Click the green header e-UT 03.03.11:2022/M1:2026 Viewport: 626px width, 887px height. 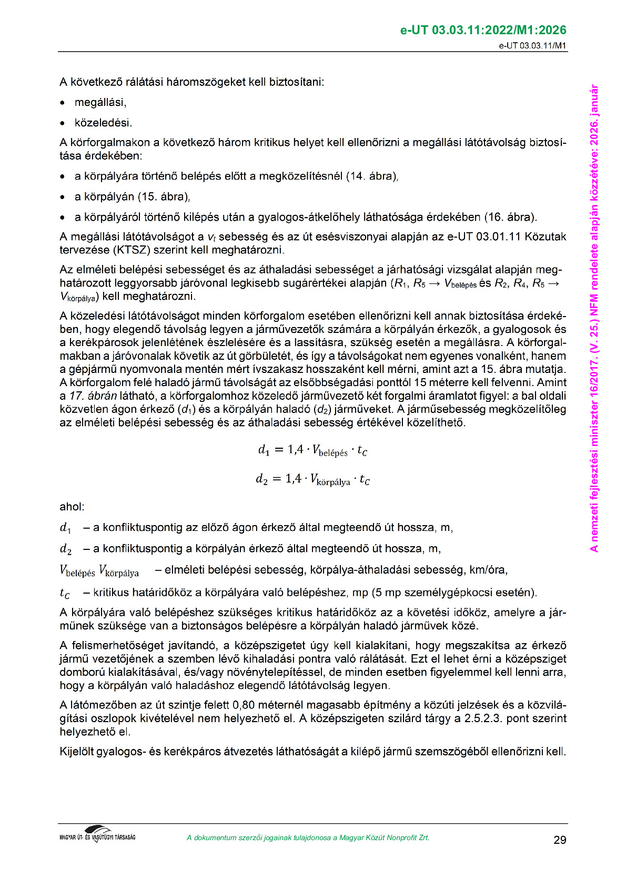click(483, 30)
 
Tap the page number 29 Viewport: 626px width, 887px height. click(560, 840)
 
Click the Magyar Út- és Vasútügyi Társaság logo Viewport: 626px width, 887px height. click(97, 835)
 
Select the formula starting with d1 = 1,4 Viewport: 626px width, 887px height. click(312, 450)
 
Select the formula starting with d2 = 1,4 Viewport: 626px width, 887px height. click(312, 479)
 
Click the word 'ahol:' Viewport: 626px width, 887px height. click(72, 507)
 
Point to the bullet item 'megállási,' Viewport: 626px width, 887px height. click(100, 102)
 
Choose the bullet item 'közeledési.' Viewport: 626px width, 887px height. click(103, 123)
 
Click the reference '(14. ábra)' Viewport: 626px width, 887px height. click(371, 176)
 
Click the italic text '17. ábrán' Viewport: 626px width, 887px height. click(93, 396)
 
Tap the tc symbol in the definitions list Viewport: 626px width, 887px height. click(65, 593)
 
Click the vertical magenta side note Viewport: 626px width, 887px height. click(594, 318)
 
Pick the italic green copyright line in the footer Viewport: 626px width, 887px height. click(308, 837)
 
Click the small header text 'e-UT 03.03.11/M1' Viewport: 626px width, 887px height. click(532, 45)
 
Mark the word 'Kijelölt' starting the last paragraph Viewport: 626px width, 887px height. click(77, 751)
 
